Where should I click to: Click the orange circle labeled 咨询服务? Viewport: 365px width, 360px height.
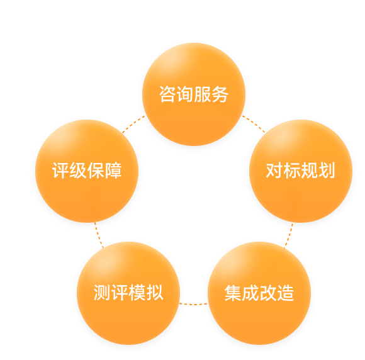pos(194,94)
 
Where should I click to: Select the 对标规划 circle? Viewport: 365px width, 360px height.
pos(301,171)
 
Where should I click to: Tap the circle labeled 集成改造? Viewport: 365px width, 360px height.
pos(259,293)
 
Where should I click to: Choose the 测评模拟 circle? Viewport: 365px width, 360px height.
pos(128,293)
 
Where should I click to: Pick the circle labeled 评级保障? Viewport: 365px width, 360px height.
pos(87,171)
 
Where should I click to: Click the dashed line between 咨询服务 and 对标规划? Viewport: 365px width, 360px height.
pos(254,123)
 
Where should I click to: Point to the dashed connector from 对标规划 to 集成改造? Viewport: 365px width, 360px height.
pos(289,235)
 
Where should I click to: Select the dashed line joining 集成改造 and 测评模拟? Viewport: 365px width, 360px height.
pos(194,304)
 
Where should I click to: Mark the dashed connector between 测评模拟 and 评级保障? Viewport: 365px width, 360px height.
pos(99,235)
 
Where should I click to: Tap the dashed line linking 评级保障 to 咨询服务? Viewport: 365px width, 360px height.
pos(133,124)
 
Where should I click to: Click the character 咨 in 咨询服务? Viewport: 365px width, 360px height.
pos(167,94)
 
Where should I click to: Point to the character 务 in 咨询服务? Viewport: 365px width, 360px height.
pos(220,94)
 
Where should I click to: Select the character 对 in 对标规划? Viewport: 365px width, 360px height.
pos(274,171)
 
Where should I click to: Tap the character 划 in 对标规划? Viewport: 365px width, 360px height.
pos(327,171)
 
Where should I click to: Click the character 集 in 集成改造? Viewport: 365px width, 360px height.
pos(233,293)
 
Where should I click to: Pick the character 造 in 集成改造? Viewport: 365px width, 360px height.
pos(285,293)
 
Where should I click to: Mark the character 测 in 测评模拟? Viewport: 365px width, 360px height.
pos(102,293)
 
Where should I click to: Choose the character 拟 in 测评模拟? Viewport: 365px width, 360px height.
pos(155,293)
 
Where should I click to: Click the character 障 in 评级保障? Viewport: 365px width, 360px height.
pos(113,171)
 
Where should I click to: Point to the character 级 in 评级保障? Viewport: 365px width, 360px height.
pos(78,171)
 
